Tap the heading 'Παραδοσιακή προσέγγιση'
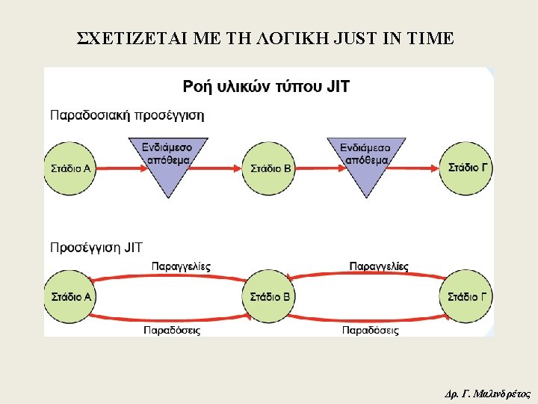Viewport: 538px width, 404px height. coord(127,115)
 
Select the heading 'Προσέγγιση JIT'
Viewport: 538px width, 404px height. coord(96,246)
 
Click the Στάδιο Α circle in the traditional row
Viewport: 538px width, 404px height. coord(70,168)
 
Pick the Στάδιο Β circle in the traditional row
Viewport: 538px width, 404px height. coord(269,168)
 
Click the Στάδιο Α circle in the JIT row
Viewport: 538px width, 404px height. coord(70,297)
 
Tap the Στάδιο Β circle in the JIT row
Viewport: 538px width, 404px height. coord(269,297)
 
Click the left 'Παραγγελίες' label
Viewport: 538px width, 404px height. coord(182,266)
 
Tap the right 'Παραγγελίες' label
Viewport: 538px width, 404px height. coord(379,266)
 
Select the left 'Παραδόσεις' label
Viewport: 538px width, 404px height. coord(172,330)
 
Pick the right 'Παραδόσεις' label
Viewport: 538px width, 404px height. coord(371,330)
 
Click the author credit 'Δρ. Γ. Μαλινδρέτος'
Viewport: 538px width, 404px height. coord(486,392)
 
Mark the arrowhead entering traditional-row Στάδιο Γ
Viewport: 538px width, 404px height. coord(436,168)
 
